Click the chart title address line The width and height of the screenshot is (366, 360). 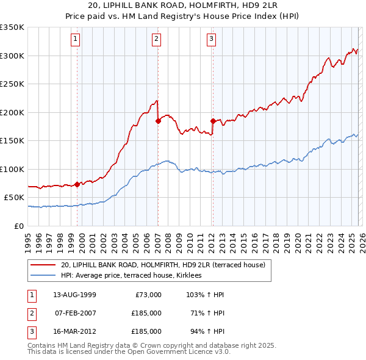click(x=183, y=6)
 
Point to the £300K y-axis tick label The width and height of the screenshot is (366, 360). click(x=12, y=56)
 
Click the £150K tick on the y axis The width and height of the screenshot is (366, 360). click(x=12, y=141)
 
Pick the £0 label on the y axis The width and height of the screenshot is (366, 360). click(x=20, y=226)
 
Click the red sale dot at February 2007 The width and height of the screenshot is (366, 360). click(x=158, y=121)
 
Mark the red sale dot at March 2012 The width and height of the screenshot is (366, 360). click(x=213, y=121)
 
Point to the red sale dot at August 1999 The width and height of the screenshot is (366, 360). click(x=77, y=184)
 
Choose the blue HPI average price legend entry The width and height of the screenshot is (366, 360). click(x=135, y=276)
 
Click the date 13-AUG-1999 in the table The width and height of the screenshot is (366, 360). click(x=74, y=295)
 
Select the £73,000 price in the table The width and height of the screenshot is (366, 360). click(x=146, y=295)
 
